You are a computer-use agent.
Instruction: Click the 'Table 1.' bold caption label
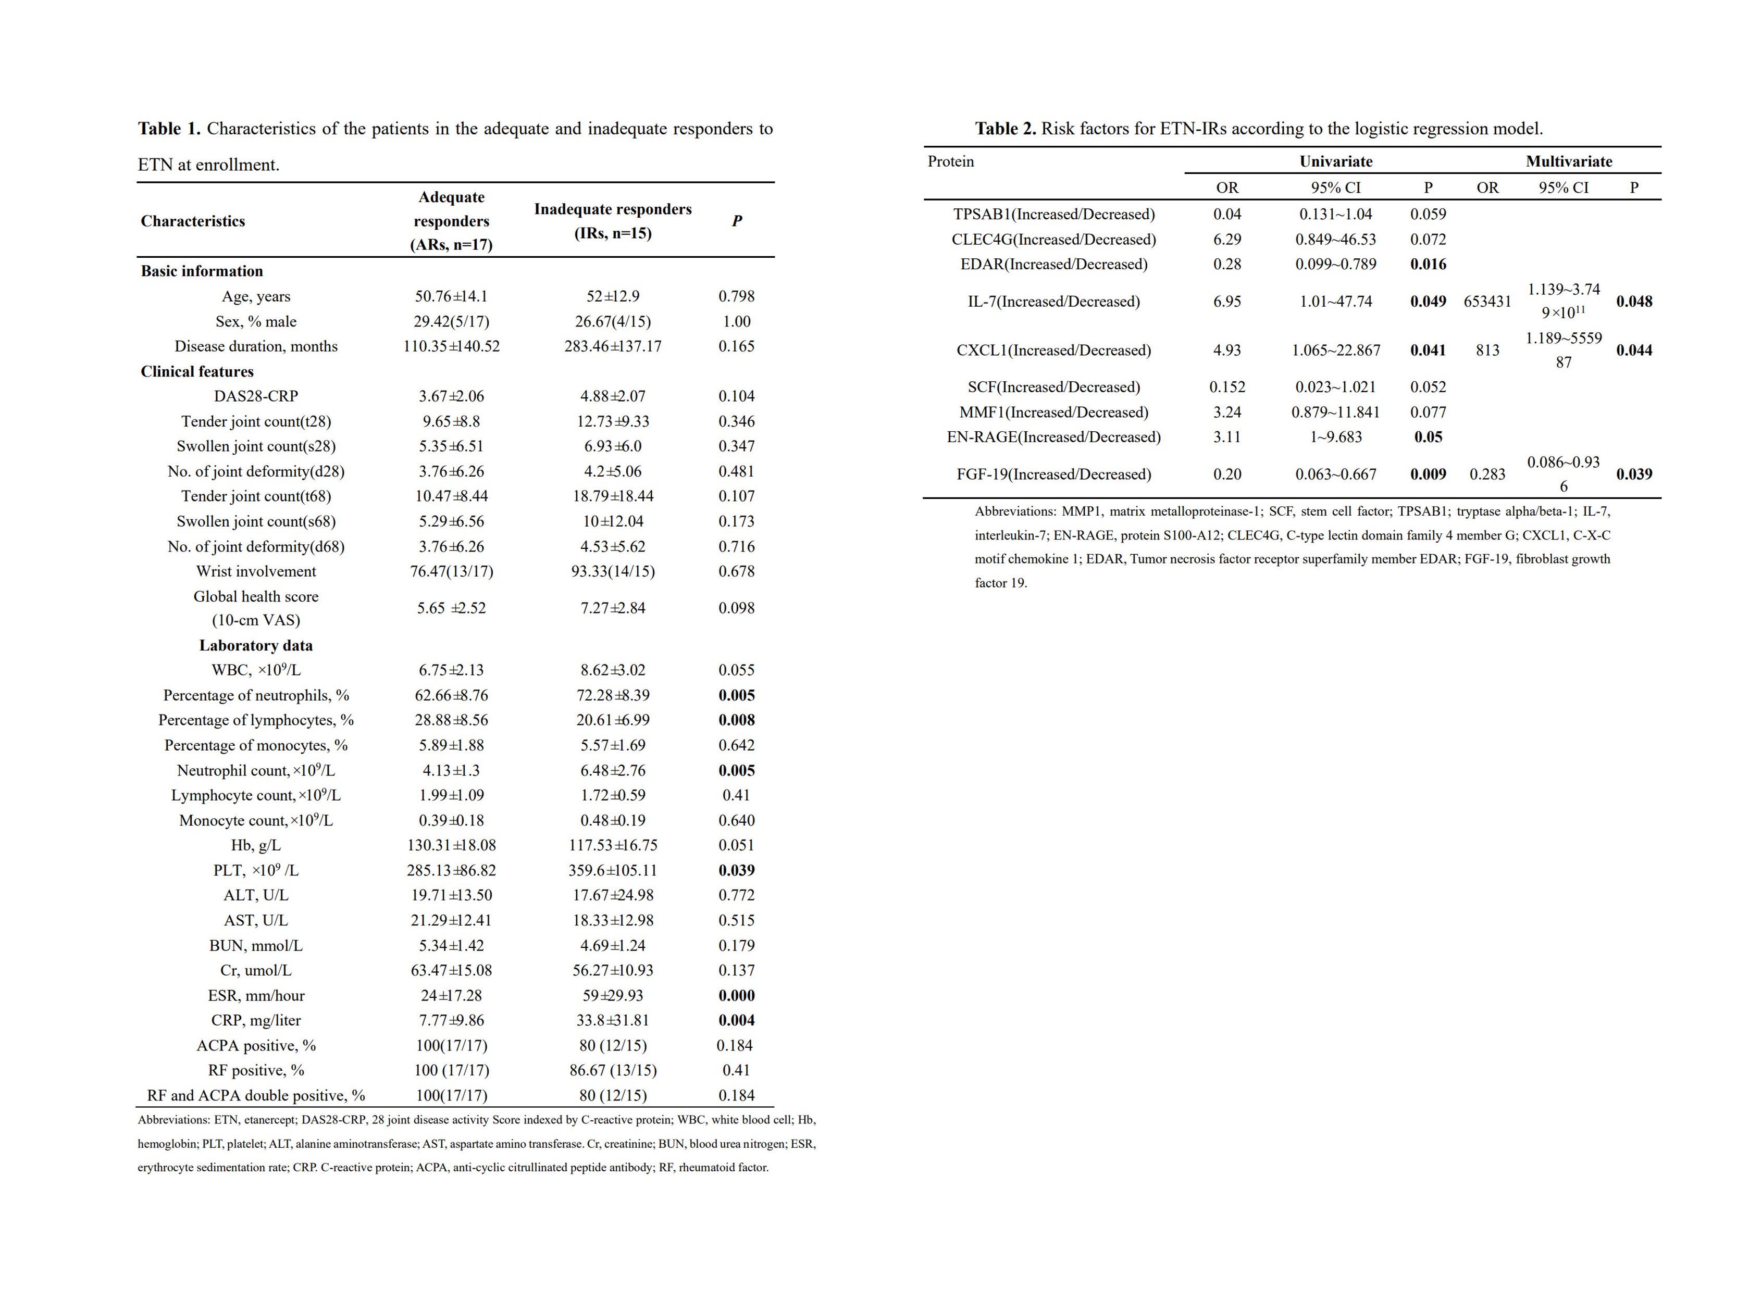[x=169, y=129]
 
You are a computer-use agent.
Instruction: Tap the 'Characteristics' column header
[x=193, y=221]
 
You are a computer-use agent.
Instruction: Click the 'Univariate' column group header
[x=1335, y=161]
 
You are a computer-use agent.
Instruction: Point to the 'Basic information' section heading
[x=201, y=271]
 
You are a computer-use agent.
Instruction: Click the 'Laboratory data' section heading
[x=255, y=645]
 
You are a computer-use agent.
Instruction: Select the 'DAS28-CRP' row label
[x=255, y=396]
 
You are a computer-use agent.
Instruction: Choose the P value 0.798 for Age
[x=736, y=296]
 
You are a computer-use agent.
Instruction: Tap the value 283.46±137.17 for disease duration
[x=613, y=346]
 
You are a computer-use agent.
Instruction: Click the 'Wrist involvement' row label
[x=255, y=571]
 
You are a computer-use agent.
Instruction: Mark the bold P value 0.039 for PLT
[x=736, y=870]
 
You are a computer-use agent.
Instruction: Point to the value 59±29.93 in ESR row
[x=613, y=996]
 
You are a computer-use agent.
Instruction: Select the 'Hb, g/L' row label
[x=255, y=845]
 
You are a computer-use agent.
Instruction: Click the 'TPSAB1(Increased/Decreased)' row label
[x=1053, y=214]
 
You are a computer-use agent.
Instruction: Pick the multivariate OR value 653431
[x=1487, y=301]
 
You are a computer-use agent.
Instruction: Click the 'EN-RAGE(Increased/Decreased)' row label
[x=1053, y=437]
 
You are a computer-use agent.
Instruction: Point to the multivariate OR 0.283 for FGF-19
[x=1487, y=474]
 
